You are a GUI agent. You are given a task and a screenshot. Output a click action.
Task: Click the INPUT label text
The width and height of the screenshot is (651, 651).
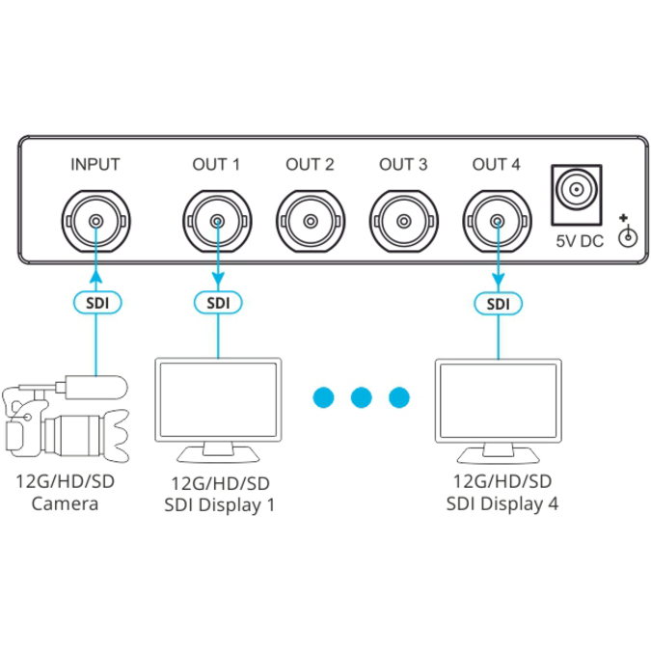pyautogui.click(x=95, y=164)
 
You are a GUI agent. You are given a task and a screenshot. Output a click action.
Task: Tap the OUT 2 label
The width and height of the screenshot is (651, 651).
pyautogui.click(x=310, y=164)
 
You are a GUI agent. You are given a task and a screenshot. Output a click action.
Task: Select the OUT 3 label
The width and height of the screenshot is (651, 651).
pyautogui.click(x=403, y=164)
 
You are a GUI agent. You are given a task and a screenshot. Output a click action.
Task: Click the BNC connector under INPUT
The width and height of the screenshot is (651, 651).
pyautogui.click(x=95, y=221)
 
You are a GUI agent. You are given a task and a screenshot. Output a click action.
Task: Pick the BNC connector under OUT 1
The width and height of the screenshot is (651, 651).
pyautogui.click(x=217, y=221)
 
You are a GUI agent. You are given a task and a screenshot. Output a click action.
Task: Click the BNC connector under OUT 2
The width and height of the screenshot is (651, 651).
pyautogui.click(x=311, y=221)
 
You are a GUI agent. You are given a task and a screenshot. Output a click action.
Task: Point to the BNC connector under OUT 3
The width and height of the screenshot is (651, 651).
pyautogui.click(x=404, y=221)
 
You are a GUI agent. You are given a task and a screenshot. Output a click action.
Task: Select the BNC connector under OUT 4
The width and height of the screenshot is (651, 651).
pyautogui.click(x=498, y=221)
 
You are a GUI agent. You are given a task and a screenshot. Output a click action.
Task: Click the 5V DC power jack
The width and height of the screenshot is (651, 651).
pyautogui.click(x=577, y=195)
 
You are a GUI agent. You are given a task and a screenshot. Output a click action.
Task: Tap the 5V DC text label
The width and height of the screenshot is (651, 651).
pyautogui.click(x=580, y=241)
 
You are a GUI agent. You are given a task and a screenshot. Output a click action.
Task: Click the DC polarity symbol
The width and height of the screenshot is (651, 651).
pyautogui.click(x=627, y=231)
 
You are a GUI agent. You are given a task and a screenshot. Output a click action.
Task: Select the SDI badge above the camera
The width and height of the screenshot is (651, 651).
pyautogui.click(x=97, y=303)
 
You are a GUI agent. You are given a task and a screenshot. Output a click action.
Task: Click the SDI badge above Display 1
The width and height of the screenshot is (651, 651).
pyautogui.click(x=218, y=303)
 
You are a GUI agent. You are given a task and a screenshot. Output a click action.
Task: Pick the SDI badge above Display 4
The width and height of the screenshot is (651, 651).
pyautogui.click(x=499, y=304)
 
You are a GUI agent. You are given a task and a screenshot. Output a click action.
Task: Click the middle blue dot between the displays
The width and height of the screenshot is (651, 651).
pyautogui.click(x=362, y=397)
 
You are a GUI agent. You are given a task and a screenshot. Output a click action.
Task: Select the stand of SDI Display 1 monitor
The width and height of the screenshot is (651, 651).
pyautogui.click(x=218, y=452)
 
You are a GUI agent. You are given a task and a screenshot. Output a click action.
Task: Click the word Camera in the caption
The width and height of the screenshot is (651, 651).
pyautogui.click(x=66, y=504)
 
